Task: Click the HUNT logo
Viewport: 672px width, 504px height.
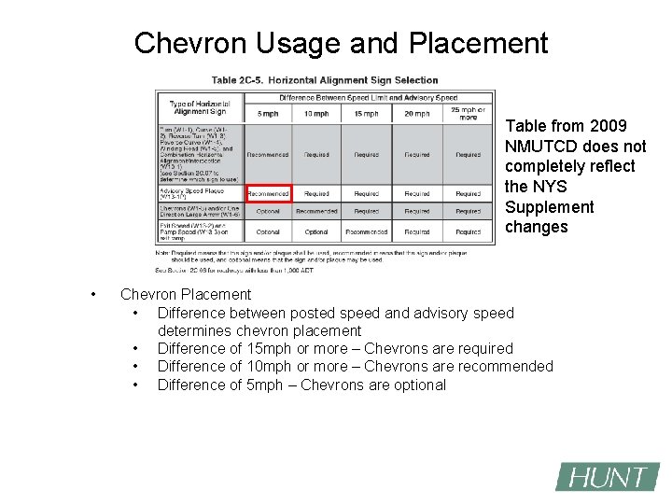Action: (608, 477)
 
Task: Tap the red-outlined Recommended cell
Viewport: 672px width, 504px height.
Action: (268, 194)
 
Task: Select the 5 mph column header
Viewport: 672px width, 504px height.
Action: (268, 114)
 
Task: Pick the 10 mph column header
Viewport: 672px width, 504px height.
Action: (316, 114)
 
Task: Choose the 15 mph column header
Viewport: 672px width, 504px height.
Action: (366, 114)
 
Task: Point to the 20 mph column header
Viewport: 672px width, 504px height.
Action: (416, 114)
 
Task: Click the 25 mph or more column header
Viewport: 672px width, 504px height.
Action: (468, 114)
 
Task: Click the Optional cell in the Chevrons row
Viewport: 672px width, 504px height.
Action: (268, 212)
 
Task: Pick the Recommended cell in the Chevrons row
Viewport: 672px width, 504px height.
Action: (316, 212)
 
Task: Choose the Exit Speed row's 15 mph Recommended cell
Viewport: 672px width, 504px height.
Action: (366, 231)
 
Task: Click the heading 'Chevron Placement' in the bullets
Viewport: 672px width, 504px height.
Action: (186, 294)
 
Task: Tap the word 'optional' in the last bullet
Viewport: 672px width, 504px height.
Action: (417, 385)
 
